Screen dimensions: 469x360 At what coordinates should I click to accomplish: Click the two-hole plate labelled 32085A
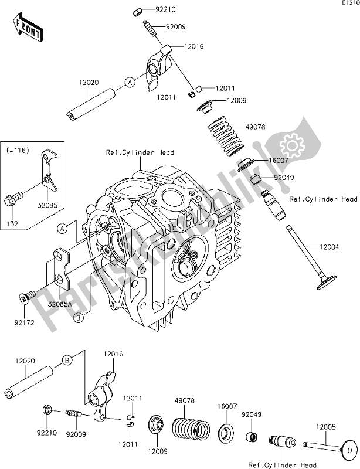(62, 270)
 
